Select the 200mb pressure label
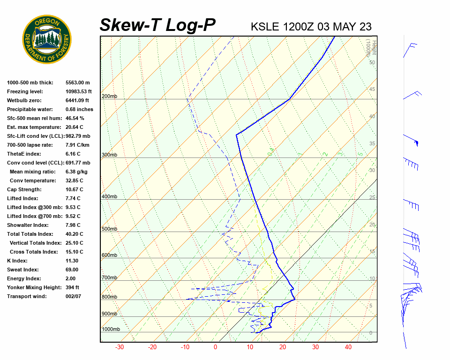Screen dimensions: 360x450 (109, 97)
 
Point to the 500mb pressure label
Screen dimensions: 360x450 (109, 229)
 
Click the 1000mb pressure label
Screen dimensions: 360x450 (111, 330)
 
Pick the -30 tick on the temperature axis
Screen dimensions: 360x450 (120, 347)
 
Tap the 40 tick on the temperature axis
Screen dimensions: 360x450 (348, 347)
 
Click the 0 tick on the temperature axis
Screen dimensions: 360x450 (215, 347)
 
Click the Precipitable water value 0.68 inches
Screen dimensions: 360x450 (79, 109)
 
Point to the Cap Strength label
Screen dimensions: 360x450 (24, 189)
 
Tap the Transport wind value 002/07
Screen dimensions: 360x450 (73, 296)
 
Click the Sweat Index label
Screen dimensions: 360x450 (22, 270)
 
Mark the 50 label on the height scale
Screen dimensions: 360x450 (372, 62)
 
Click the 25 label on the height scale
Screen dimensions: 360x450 (372, 197)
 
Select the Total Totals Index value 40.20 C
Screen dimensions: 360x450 (74, 234)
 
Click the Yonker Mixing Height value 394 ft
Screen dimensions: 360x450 (72, 287)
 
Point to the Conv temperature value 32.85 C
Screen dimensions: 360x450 (74, 180)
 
